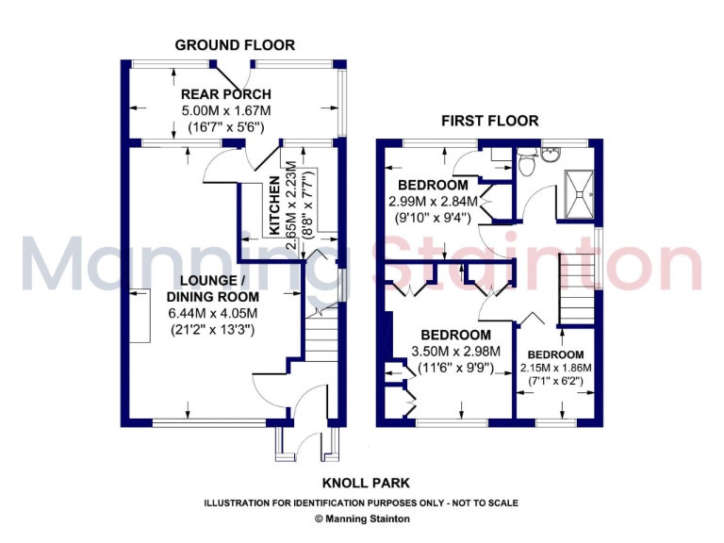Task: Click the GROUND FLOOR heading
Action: tap(235, 44)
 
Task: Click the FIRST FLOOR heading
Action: tap(490, 121)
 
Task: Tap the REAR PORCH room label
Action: tap(226, 94)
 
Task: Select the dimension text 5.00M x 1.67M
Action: tap(226, 110)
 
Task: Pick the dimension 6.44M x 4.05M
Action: tap(213, 314)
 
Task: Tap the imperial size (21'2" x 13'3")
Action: tap(213, 330)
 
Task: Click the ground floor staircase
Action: tap(321, 349)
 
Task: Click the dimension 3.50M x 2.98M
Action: tap(456, 352)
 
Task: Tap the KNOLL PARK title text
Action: tap(362, 484)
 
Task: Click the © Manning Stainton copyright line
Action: tap(362, 518)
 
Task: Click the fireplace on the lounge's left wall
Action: tap(140, 316)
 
